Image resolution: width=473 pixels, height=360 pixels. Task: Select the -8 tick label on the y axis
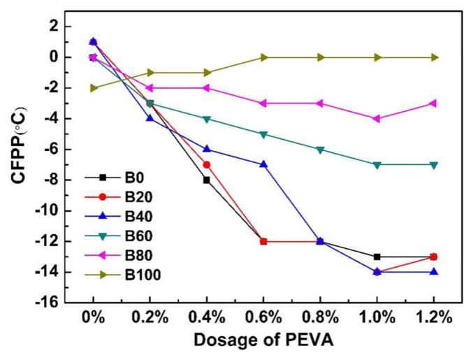(x=54, y=180)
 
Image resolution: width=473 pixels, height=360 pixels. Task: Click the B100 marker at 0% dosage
(x=94, y=88)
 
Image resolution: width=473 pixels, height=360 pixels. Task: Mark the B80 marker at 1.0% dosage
(x=377, y=119)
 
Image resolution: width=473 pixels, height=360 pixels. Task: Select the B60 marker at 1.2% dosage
(x=434, y=165)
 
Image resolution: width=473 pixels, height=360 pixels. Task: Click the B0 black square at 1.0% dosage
(x=377, y=257)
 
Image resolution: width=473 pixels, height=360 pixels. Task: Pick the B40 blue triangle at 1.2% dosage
(x=434, y=271)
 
